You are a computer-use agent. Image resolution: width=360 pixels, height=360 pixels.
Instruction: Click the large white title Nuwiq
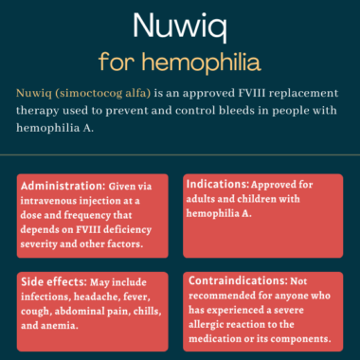[x=179, y=26]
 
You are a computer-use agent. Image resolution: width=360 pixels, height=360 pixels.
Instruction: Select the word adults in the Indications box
[x=207, y=199]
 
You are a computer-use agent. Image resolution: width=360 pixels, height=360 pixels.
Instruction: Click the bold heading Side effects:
[x=53, y=281]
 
